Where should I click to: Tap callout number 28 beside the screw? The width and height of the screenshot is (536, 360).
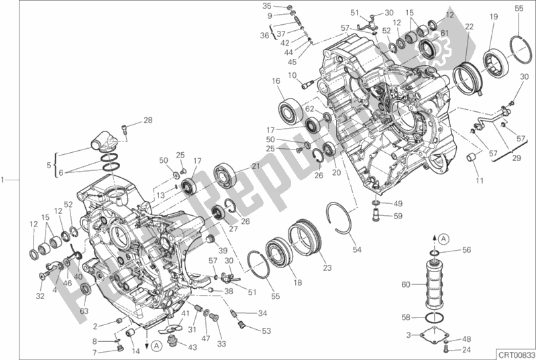coord(148,121)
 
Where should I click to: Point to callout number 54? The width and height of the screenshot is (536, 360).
coord(357,250)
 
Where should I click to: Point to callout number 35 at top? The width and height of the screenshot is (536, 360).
coord(267,5)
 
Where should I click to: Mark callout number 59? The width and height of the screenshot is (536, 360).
coord(398,216)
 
